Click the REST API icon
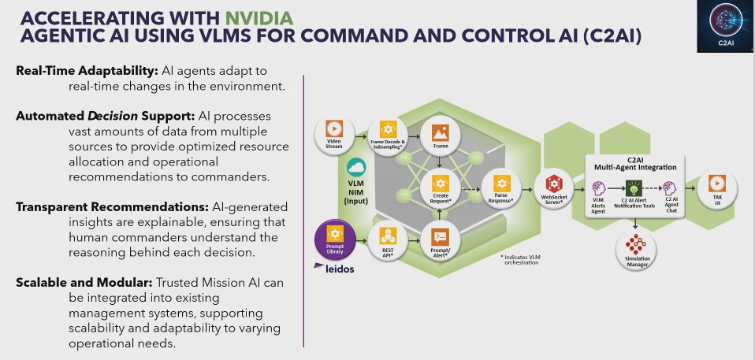(x=387, y=235)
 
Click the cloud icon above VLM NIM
(x=356, y=167)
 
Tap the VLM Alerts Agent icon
(x=597, y=188)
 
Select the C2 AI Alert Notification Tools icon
(x=633, y=188)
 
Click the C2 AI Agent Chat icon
(x=671, y=188)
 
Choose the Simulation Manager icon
(x=634, y=243)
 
